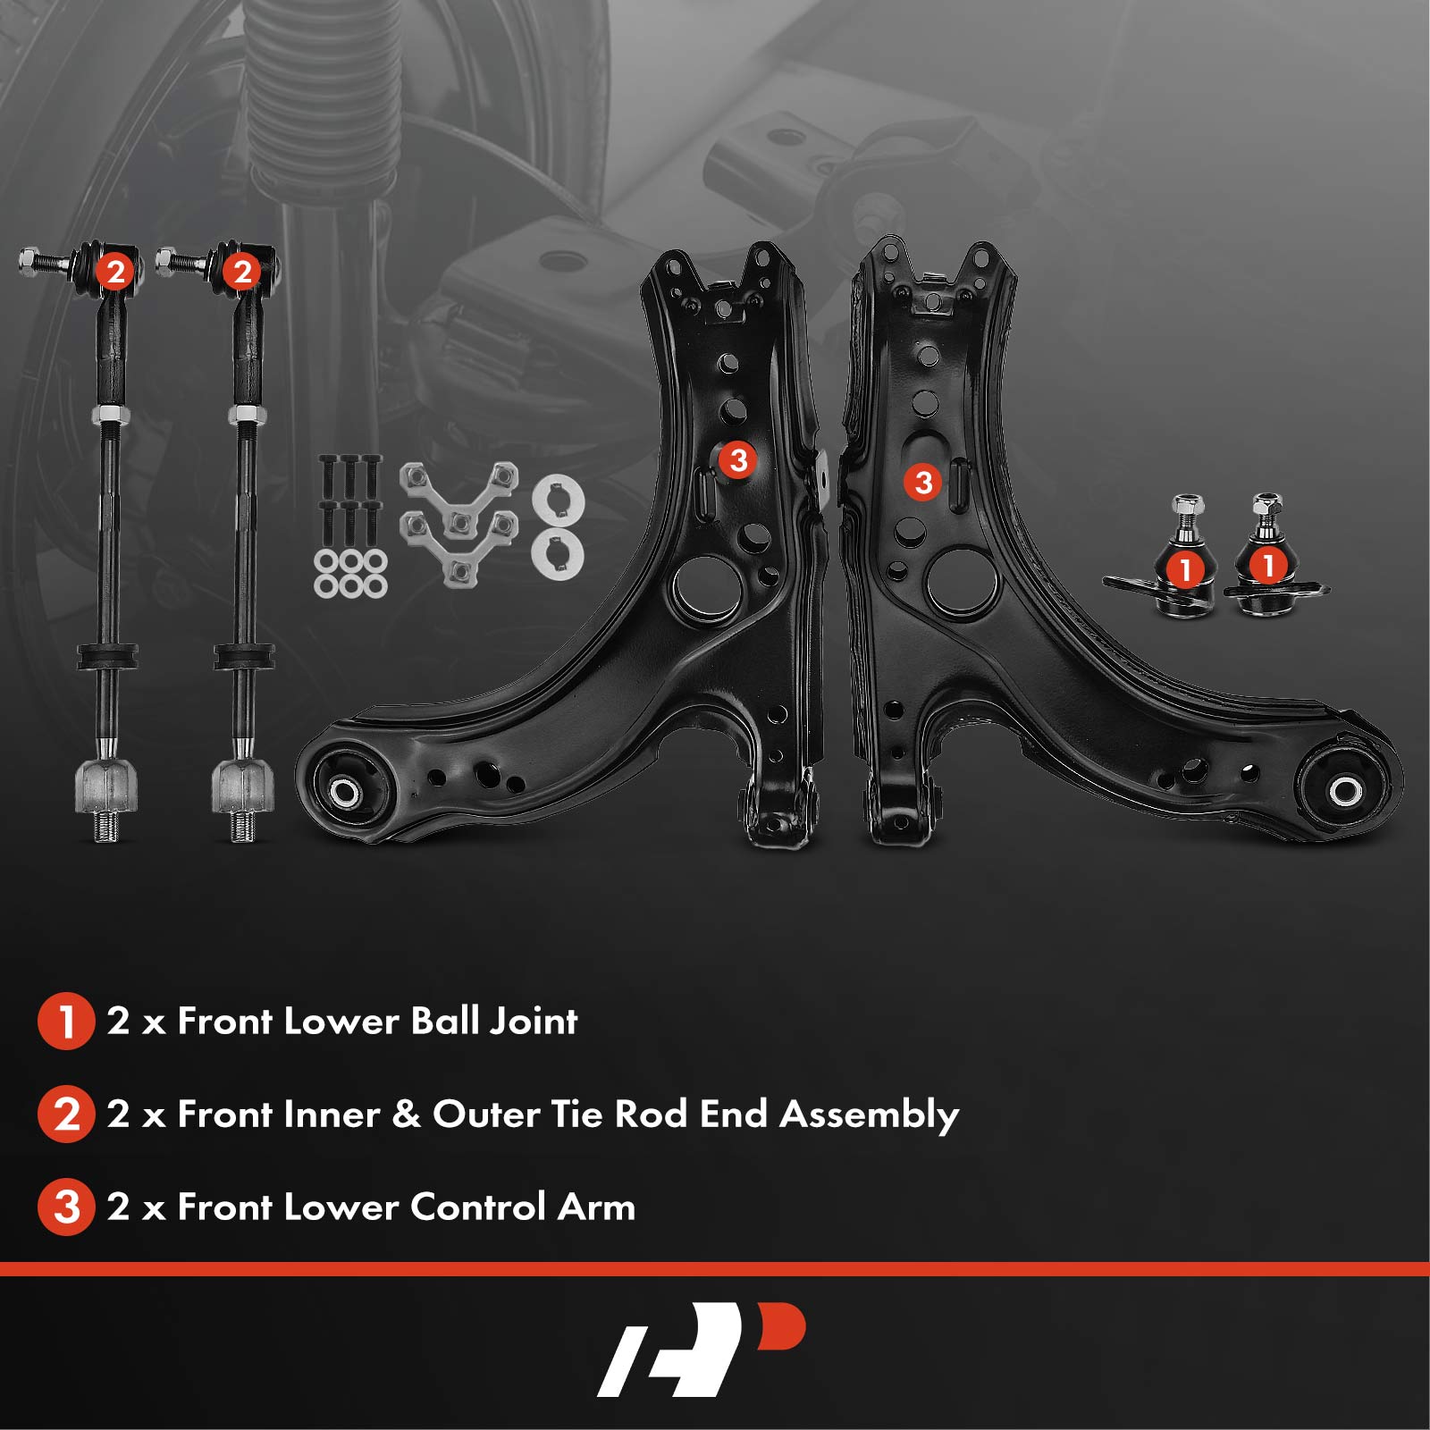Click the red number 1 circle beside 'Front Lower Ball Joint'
click(x=66, y=1021)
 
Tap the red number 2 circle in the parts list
click(x=66, y=1114)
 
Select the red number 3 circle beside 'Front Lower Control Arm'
click(x=66, y=1207)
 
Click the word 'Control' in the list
click(x=478, y=1207)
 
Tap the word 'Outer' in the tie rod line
click(x=486, y=1115)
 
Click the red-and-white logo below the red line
click(x=702, y=1350)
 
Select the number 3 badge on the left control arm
click(x=738, y=460)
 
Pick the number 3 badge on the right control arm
click(x=923, y=483)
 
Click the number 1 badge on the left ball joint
click(x=1186, y=569)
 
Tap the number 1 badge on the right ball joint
click(x=1267, y=565)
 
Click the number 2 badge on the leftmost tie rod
click(x=115, y=271)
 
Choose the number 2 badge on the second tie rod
click(x=242, y=271)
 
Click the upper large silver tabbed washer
click(x=558, y=500)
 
